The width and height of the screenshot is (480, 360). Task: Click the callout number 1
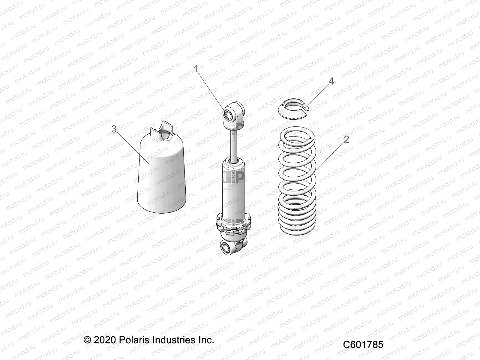(x=204, y=70)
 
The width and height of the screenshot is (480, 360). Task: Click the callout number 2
(x=346, y=139)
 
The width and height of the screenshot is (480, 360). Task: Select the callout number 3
(x=114, y=129)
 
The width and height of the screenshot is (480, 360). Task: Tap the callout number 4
(x=331, y=81)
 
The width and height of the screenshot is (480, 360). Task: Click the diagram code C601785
(x=363, y=344)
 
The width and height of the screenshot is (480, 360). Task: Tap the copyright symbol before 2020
(x=87, y=340)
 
